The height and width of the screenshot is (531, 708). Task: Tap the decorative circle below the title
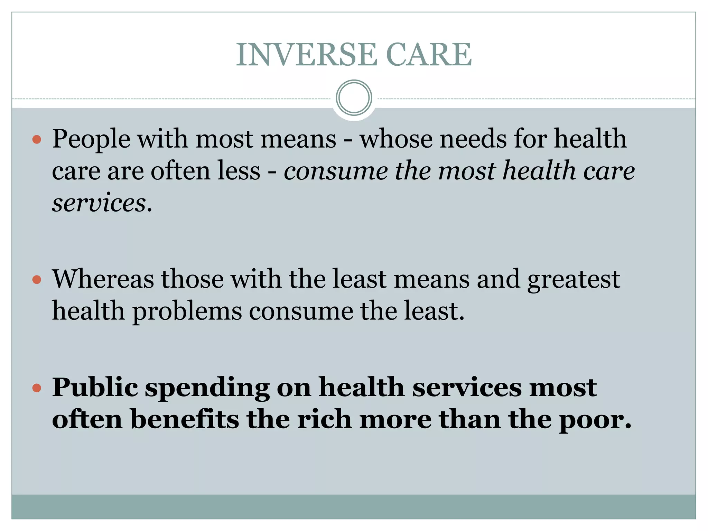coord(354,98)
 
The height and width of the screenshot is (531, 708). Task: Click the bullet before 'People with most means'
coord(37,140)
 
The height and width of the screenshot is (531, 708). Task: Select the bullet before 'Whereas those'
coord(37,279)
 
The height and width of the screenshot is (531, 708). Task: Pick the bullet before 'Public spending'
coord(37,388)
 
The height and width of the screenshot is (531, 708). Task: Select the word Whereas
coord(103,279)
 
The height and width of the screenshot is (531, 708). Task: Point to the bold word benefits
coord(185,419)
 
